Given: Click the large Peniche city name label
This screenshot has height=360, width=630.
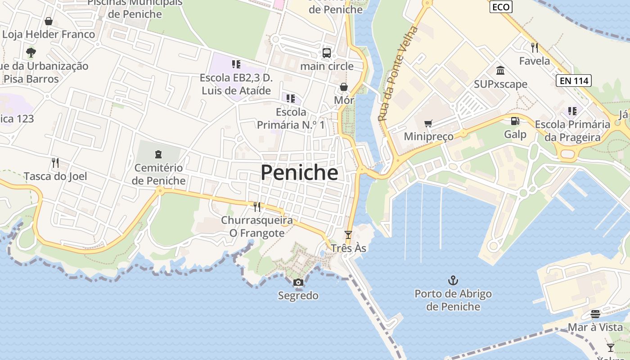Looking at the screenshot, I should (x=299, y=173).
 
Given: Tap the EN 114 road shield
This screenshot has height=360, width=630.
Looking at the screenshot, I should (x=574, y=81).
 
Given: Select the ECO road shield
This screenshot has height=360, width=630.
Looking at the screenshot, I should (x=501, y=7).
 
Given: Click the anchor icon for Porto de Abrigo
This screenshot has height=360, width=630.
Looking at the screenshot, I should (x=453, y=281).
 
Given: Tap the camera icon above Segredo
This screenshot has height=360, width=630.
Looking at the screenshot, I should (x=298, y=283).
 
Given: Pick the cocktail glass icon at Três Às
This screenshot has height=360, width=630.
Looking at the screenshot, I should (x=348, y=235).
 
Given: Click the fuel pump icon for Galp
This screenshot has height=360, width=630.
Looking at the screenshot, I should (x=515, y=121).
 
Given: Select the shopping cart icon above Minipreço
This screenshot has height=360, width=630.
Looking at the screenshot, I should (x=428, y=123).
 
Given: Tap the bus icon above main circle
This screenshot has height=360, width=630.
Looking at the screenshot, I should (x=327, y=53).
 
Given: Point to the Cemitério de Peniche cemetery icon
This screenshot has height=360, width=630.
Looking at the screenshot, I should (x=158, y=155).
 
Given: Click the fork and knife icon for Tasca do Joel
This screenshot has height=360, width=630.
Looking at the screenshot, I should (x=55, y=163).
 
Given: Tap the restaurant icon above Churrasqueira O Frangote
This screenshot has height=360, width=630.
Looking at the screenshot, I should (x=257, y=207).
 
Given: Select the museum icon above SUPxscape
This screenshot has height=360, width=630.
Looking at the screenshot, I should (x=500, y=71).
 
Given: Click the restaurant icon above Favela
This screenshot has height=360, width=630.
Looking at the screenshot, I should (x=535, y=47).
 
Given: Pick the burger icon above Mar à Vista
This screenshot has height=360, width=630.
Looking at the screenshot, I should (x=595, y=314).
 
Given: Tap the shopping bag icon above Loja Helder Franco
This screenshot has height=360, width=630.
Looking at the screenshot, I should (x=49, y=21).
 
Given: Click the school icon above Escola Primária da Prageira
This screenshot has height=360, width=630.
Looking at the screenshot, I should (x=572, y=111).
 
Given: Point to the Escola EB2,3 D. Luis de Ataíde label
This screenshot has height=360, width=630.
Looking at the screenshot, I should (x=236, y=84).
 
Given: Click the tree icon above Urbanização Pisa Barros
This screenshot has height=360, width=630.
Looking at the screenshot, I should (x=31, y=53).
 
